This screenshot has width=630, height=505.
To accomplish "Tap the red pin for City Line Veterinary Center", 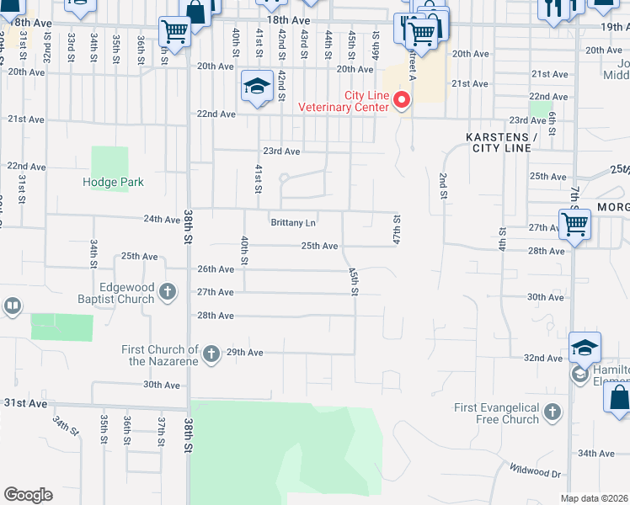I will point(402,102).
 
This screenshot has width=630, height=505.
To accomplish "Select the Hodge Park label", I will point(113,182).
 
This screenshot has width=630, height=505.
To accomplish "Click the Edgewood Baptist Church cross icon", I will point(168,292).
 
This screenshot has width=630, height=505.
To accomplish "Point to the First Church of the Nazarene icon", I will point(211,353).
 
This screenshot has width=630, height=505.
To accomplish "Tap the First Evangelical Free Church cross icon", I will point(552,412).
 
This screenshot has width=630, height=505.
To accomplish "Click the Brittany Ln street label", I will point(293,223).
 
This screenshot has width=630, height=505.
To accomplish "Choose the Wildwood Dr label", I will point(533,474).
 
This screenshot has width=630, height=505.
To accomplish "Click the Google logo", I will point(28,495).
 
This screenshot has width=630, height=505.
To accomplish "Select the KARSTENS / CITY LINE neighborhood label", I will point(499,142).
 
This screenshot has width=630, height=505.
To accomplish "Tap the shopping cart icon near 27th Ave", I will point(574,225).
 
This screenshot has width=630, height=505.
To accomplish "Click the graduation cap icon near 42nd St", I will point(256,86).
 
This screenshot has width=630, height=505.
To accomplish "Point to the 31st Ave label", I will point(25,403).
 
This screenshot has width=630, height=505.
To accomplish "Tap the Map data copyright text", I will point(594,498).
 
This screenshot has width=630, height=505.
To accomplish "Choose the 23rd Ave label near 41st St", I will point(281,151).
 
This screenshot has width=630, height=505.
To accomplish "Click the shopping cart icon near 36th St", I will point(174,32).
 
